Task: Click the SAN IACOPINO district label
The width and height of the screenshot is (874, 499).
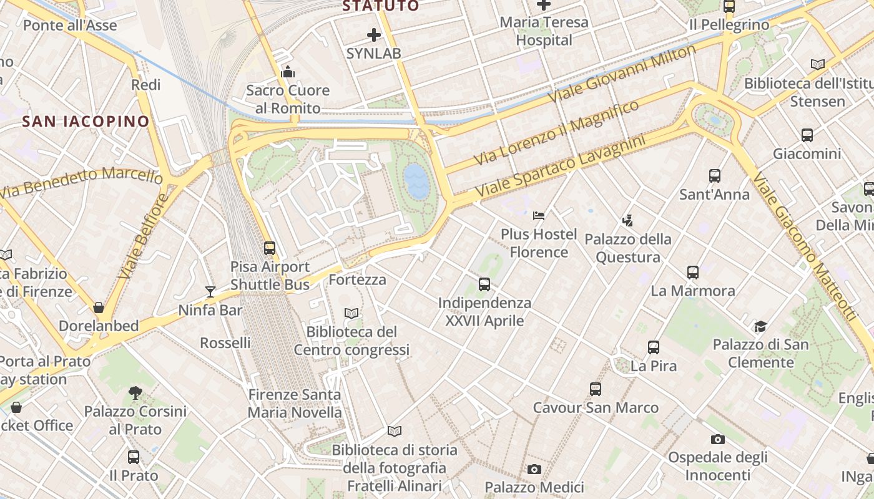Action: pyautogui.click(x=86, y=121)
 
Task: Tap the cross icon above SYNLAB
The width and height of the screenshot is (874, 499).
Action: pyautogui.click(x=373, y=35)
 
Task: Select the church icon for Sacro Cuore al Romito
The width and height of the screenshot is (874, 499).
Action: pyautogui.click(x=287, y=72)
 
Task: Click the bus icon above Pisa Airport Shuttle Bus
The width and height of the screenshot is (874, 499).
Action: pyautogui.click(x=270, y=248)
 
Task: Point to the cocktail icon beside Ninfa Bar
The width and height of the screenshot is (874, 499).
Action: pyautogui.click(x=210, y=292)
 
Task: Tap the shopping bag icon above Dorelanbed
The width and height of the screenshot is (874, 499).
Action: pyautogui.click(x=99, y=308)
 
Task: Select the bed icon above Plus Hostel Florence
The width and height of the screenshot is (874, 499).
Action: pyautogui.click(x=539, y=216)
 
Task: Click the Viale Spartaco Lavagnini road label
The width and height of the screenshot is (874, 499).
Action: pyautogui.click(x=560, y=166)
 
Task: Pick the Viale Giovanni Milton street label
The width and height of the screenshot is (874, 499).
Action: pyautogui.click(x=621, y=74)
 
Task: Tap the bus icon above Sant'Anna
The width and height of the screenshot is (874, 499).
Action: pyautogui.click(x=715, y=176)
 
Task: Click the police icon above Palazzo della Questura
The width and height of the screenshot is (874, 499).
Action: pyautogui.click(x=628, y=220)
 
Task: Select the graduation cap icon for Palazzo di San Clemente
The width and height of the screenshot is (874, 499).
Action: pyautogui.click(x=760, y=326)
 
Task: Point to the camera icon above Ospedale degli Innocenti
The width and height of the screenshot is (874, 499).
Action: pyautogui.click(x=718, y=440)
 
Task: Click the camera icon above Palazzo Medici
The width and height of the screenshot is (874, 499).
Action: pyautogui.click(x=534, y=469)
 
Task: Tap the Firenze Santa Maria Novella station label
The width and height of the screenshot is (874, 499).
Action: pyautogui.click(x=295, y=403)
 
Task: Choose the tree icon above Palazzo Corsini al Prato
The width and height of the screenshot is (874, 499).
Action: pyautogui.click(x=135, y=393)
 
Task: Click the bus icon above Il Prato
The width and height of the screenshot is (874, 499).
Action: pyautogui.click(x=134, y=457)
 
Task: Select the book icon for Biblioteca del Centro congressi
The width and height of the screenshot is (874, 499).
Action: pyautogui.click(x=352, y=313)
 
